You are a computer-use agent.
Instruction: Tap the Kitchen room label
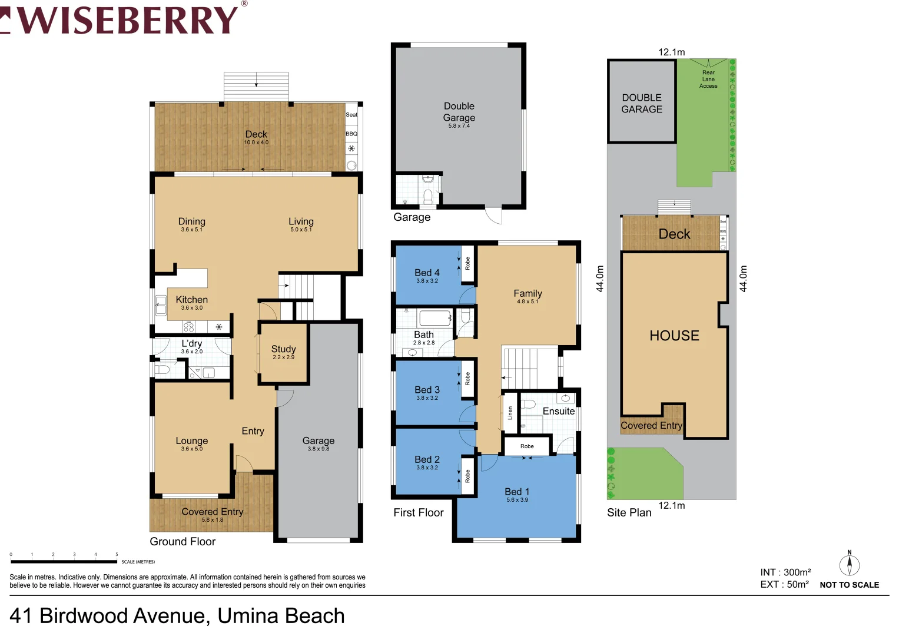pos(191,300)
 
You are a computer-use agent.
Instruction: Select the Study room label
pos(283,349)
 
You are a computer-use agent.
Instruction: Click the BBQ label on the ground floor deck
pos(351,134)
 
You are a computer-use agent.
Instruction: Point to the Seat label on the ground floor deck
pos(351,115)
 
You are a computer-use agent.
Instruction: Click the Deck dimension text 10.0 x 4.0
pos(256,143)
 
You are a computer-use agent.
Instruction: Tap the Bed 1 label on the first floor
pos(517,492)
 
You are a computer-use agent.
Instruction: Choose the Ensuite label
pos(558,411)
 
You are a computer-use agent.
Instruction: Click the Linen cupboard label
pos(510,412)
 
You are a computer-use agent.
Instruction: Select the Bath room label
pos(423,334)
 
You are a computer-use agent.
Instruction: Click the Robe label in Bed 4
pos(468,263)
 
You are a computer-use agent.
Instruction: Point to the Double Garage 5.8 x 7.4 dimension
pos(459,126)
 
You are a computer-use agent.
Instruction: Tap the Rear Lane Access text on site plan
pos(708,79)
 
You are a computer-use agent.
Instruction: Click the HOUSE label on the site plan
pos(674,336)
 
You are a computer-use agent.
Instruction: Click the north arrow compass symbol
pos(849,565)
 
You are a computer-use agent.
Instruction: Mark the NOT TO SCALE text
pos(849,585)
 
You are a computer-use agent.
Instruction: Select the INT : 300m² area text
pos(785,572)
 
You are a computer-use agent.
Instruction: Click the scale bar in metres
pos(64,561)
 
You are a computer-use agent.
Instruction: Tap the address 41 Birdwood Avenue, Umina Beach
pos(177,616)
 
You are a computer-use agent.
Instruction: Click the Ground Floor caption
pos(183,541)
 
